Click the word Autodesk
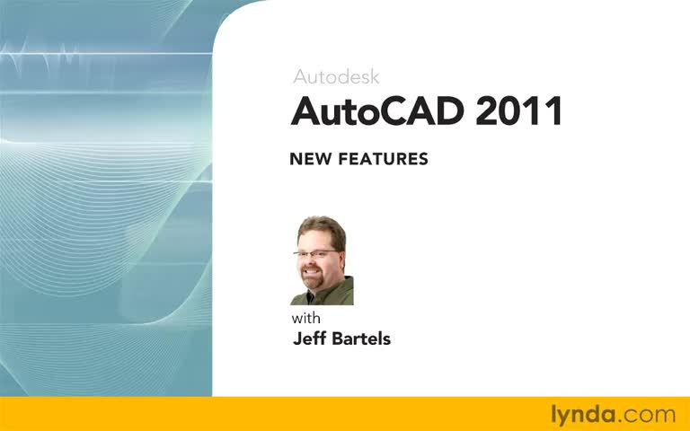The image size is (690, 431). point(336,76)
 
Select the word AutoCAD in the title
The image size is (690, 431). point(377,110)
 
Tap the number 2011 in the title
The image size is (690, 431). point(518,110)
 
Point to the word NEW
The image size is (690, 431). point(310,159)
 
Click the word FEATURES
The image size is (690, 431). point(384,159)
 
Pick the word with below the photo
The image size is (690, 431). point(305,318)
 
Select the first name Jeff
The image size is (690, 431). point(309,339)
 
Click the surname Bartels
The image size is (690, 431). point(361,339)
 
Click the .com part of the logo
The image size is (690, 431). point(646,416)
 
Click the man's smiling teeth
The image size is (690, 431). point(311,272)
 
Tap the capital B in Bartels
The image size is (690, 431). point(337,339)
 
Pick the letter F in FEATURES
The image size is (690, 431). point(344,159)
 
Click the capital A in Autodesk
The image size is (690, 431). point(300,76)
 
